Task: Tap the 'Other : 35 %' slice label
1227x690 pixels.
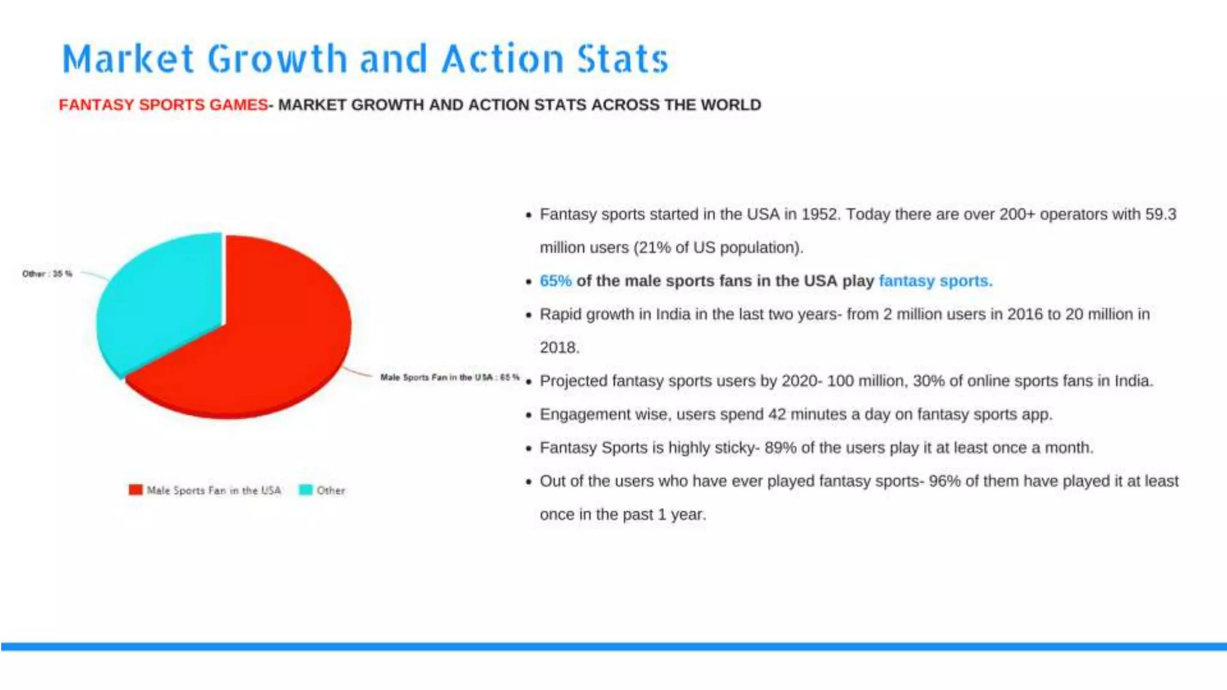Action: [47, 274]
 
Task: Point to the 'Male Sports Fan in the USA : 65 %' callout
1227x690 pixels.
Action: [449, 377]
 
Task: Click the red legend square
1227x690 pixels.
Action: [135, 490]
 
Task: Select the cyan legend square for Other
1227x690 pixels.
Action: [306, 490]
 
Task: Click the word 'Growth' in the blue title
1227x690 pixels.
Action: [277, 59]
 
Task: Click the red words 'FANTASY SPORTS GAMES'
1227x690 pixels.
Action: [163, 105]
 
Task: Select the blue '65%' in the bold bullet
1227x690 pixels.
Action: [555, 281]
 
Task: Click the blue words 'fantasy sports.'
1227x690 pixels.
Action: [935, 281]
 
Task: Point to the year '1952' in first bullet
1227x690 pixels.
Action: [819, 214]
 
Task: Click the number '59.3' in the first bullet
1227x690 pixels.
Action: [1160, 214]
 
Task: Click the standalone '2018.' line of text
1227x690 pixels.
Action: [560, 347]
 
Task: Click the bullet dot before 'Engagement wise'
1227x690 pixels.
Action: [528, 415]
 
